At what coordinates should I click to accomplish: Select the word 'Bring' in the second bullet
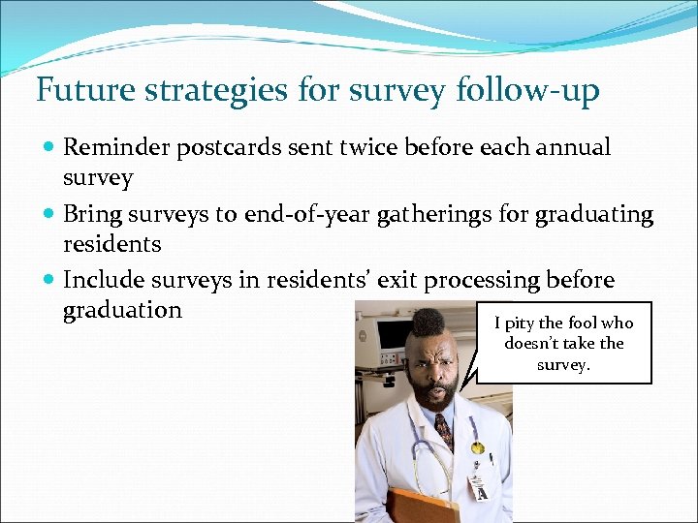tap(90, 214)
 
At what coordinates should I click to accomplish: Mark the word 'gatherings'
tap(432, 214)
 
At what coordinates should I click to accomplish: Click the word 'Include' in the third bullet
tap(103, 280)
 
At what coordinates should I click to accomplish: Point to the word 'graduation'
tap(122, 310)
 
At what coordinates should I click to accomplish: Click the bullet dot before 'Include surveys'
tap(49, 281)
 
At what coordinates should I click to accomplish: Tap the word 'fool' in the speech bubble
tap(580, 323)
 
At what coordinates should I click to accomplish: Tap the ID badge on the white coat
tap(477, 484)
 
